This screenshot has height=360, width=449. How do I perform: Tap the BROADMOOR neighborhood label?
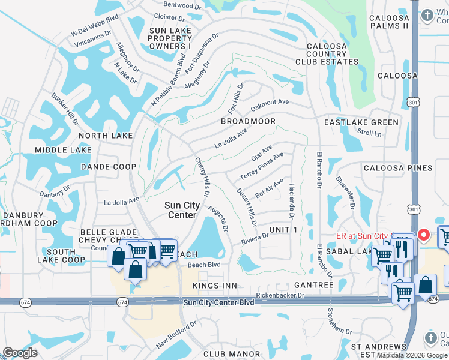click(248, 121)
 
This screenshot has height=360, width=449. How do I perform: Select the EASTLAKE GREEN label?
click(361, 122)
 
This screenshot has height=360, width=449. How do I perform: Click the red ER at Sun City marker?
click(423, 235)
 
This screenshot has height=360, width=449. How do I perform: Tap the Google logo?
click(20, 352)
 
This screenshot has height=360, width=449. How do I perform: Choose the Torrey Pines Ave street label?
click(261, 167)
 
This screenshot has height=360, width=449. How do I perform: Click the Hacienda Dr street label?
click(291, 200)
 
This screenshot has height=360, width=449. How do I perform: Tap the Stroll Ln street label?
click(369, 133)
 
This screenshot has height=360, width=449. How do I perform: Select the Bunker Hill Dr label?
click(65, 109)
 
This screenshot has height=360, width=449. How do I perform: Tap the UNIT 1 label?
click(283, 230)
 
